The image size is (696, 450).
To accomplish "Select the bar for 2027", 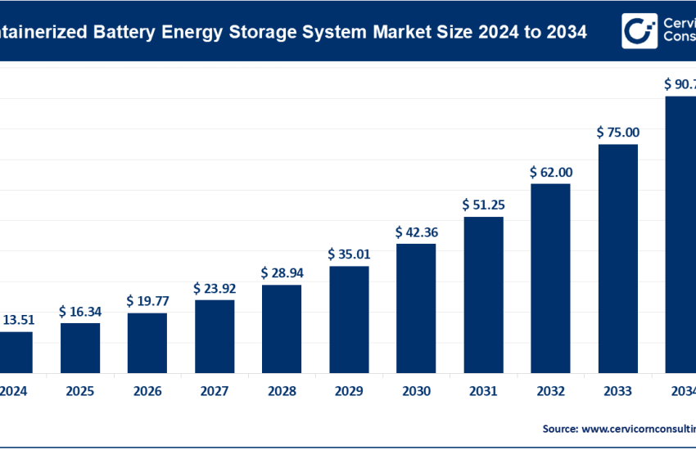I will tap(215, 336).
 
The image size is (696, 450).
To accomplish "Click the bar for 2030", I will tap(416, 308).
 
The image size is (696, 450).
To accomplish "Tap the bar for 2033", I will tap(617, 259).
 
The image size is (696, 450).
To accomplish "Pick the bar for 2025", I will tap(80, 348).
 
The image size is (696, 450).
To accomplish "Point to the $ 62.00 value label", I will tap(551, 172).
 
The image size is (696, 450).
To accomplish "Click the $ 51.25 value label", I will tap(483, 205).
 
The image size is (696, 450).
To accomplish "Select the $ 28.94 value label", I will tap(282, 272).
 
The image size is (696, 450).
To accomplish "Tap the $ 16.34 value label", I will tap(80, 311).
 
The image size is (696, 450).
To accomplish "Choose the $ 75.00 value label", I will tap(618, 133).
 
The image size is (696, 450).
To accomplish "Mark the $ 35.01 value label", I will tap(349, 254).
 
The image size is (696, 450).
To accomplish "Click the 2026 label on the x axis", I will tap(147, 391).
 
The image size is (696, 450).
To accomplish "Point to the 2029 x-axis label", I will tap(349, 391).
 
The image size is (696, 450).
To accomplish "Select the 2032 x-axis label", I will tap(550, 391).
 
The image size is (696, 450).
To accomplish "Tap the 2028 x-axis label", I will tap(282, 391).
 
